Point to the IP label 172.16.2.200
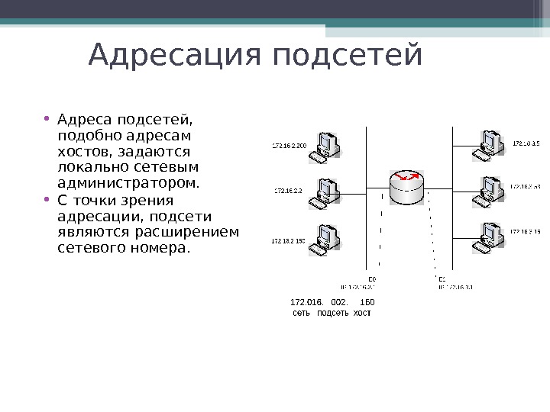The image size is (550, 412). coord(289,144)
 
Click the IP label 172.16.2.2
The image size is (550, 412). coord(288,191)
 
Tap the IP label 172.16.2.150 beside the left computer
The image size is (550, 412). coord(288,241)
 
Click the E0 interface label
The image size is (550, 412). coord(373,279)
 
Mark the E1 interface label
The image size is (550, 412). coord(442,279)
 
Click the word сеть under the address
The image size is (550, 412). coord(302,314)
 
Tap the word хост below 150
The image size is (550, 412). coord(362,314)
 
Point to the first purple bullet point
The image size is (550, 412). coord(47,118)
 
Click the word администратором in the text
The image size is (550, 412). coord(128,183)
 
